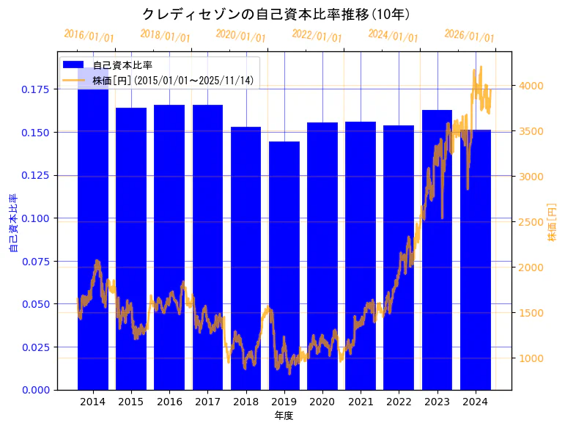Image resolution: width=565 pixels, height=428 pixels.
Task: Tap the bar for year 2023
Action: point(437,249)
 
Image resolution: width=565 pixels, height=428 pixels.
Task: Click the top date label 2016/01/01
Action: point(89,35)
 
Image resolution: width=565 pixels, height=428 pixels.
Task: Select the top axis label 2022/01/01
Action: point(317,35)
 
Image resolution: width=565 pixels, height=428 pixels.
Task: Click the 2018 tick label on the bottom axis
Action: point(245,402)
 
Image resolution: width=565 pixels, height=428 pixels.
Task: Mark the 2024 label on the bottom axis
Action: point(475,402)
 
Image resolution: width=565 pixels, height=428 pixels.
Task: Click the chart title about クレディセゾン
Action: point(276,14)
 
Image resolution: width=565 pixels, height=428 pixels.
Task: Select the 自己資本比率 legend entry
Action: point(128,65)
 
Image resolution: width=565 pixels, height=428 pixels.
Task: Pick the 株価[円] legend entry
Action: point(173,80)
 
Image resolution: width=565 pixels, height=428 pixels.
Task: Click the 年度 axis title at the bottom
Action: point(284,416)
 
